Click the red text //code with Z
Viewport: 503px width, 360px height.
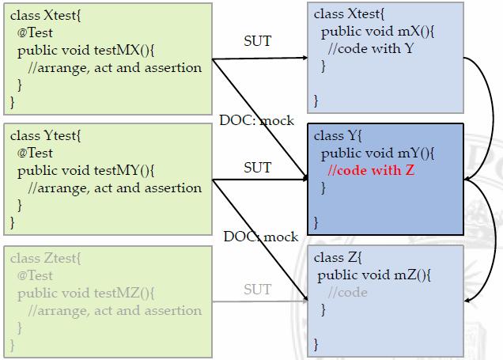click(371, 169)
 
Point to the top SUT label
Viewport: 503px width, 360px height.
click(257, 40)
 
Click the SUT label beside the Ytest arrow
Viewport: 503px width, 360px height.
click(257, 167)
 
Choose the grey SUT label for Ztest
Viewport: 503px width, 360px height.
click(257, 290)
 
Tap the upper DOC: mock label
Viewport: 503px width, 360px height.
click(256, 120)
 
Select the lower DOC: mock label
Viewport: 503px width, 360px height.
click(261, 237)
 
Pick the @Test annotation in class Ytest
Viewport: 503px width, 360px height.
click(35, 153)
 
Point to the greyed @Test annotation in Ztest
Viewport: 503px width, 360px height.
click(35, 275)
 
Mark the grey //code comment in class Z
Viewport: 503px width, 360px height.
click(348, 292)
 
